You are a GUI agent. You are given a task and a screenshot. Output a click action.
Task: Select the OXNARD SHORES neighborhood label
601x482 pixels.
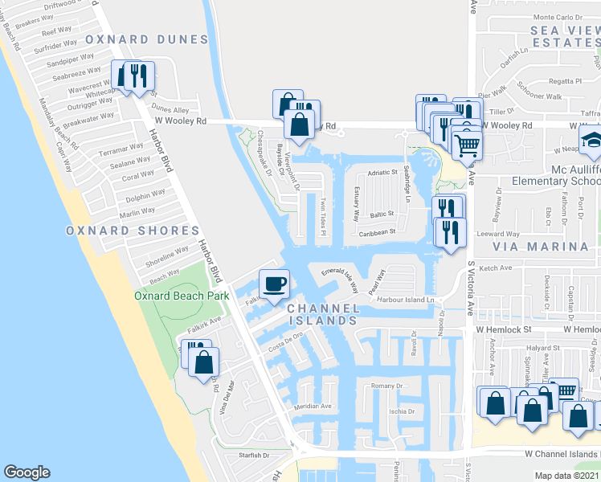pos(132,231)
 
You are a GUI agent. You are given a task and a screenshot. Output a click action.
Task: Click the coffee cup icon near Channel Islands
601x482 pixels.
pos(275,284)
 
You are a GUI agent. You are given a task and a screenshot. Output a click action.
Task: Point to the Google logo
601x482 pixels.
pos(27,472)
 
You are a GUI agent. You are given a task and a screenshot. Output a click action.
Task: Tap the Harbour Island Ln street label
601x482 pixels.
pos(411,300)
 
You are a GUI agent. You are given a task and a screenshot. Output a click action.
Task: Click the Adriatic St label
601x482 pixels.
pos(383,172)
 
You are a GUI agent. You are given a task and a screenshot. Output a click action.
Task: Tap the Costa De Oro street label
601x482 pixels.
pos(285,338)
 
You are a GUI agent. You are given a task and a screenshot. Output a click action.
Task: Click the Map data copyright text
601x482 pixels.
pos(567,476)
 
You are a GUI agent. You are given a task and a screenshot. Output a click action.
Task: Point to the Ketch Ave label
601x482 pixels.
pos(496,268)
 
